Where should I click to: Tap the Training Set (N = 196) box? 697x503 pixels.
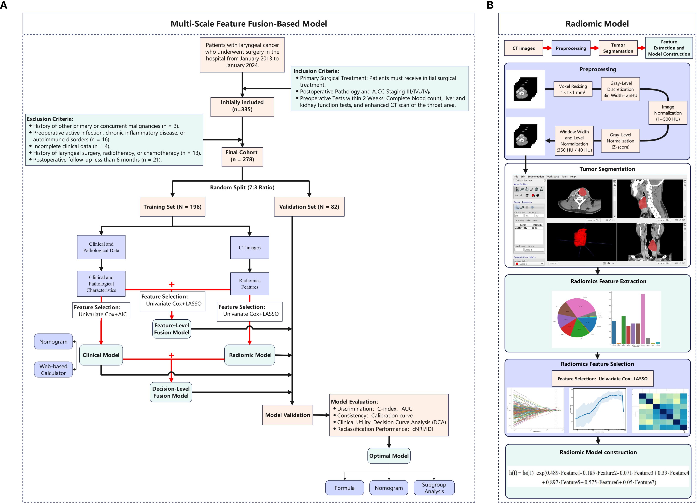[172, 207]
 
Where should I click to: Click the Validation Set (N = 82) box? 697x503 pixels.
[309, 207]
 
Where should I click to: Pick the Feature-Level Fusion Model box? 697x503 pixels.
[171, 329]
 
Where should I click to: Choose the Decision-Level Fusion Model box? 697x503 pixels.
[171, 392]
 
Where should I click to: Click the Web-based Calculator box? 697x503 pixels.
[53, 369]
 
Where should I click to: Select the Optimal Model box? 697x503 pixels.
[389, 456]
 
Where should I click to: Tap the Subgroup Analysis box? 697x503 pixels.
[434, 488]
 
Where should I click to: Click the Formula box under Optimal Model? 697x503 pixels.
[345, 488]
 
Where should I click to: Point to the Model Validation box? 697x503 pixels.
[288, 415]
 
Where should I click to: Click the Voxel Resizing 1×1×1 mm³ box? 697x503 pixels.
[573, 89]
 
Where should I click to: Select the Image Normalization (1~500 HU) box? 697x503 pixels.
[668, 113]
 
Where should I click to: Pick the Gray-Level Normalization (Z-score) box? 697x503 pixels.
[620, 141]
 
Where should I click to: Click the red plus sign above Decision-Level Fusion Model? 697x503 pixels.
[171, 355]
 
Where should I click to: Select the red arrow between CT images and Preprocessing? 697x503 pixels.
[547, 48]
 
